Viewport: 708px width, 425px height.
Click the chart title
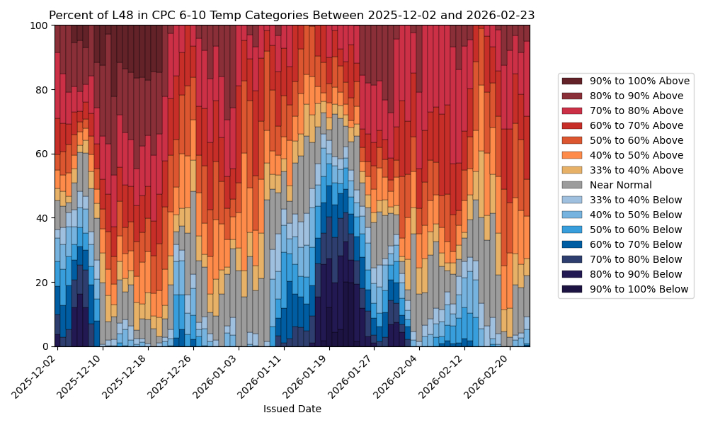(x=292, y=15)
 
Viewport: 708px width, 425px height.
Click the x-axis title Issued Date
(x=292, y=409)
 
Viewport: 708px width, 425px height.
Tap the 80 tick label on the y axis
(x=44, y=90)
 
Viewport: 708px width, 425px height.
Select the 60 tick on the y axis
(x=44, y=154)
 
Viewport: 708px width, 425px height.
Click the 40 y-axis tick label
(x=44, y=218)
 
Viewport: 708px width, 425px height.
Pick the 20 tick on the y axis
(x=44, y=282)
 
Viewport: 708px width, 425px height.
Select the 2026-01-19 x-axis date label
(x=308, y=375)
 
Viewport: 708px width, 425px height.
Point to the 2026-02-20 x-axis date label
(x=490, y=375)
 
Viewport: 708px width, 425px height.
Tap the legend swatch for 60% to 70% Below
(x=572, y=244)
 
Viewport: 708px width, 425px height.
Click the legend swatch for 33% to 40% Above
(x=572, y=170)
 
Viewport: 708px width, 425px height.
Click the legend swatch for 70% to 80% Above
(x=572, y=110)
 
